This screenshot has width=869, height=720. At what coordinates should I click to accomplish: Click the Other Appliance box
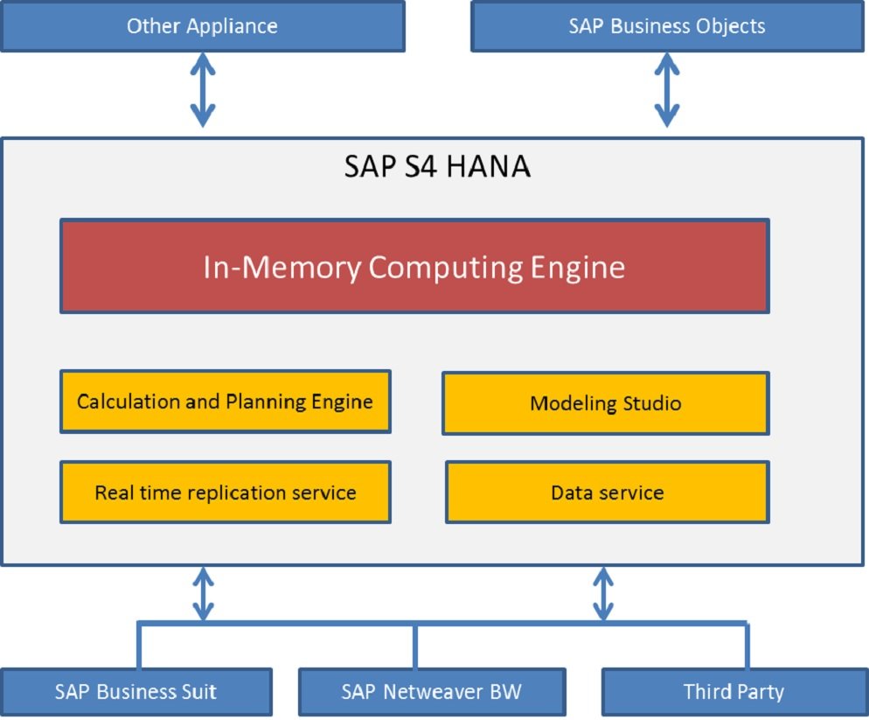(x=202, y=26)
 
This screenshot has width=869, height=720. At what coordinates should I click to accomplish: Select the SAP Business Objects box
(x=666, y=26)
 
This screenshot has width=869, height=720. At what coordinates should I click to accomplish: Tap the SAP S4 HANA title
(x=437, y=166)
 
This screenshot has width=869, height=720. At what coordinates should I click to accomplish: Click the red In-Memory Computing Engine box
(x=414, y=267)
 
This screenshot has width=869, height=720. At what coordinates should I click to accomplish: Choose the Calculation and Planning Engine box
(x=225, y=402)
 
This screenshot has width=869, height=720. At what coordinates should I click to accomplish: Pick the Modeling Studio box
(x=605, y=403)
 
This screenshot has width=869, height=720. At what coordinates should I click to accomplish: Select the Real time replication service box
(x=225, y=493)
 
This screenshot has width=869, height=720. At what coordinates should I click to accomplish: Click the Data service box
(x=607, y=493)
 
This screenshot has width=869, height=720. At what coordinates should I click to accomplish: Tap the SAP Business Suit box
(x=136, y=692)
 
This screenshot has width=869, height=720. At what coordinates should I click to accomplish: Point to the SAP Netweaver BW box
(x=432, y=692)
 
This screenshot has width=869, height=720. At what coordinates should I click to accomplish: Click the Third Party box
(x=733, y=692)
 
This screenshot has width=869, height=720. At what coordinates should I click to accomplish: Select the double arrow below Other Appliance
(x=203, y=90)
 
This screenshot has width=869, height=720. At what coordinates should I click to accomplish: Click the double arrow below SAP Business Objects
(x=667, y=90)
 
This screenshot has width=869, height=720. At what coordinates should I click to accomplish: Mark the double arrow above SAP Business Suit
(x=203, y=594)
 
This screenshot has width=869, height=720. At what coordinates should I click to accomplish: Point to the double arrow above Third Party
(x=602, y=594)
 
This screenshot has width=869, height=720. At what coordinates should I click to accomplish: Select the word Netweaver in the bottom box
(x=437, y=692)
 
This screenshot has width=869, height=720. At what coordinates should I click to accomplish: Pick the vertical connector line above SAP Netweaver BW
(x=414, y=646)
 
